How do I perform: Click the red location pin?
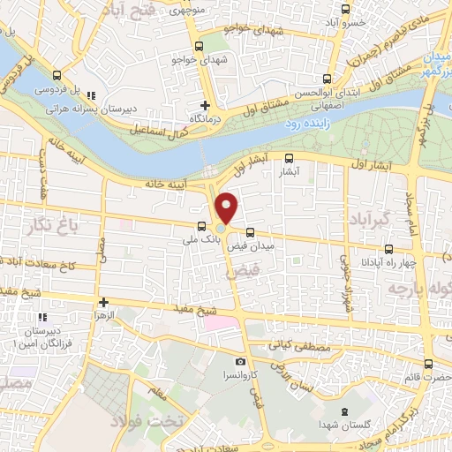click(x=227, y=208)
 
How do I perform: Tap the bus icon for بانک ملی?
click(x=201, y=225)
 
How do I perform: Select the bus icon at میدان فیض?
click(x=250, y=233)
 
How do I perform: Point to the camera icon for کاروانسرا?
click(x=240, y=361)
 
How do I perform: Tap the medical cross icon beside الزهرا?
click(x=103, y=302)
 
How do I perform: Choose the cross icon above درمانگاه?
click(x=206, y=104)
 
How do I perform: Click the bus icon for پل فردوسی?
click(x=57, y=76)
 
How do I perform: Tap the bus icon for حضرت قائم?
click(x=428, y=363)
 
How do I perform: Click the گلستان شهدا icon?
click(x=342, y=414)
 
